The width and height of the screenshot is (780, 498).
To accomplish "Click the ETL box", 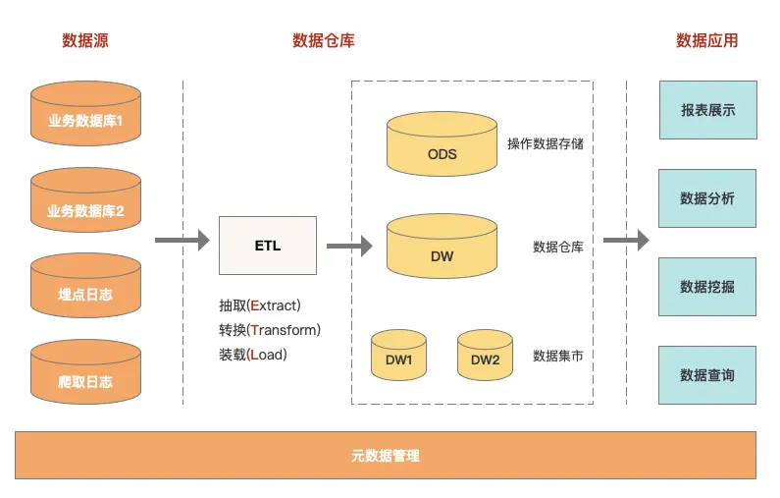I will tap(267, 246).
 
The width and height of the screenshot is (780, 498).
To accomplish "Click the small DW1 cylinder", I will tap(398, 355).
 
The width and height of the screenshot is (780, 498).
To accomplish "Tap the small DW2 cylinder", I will tap(485, 355).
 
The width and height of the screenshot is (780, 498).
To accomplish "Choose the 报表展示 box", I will tap(707, 110).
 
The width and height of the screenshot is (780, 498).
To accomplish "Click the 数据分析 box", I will tap(707, 198).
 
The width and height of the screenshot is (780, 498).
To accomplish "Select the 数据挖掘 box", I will tap(707, 287).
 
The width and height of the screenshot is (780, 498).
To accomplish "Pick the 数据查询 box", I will tap(707, 375).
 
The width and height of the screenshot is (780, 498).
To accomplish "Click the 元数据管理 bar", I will tap(386, 456).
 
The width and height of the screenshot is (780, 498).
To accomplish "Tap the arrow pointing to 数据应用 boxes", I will tap(626, 240).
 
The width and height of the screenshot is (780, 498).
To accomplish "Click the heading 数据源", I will tap(85, 40).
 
